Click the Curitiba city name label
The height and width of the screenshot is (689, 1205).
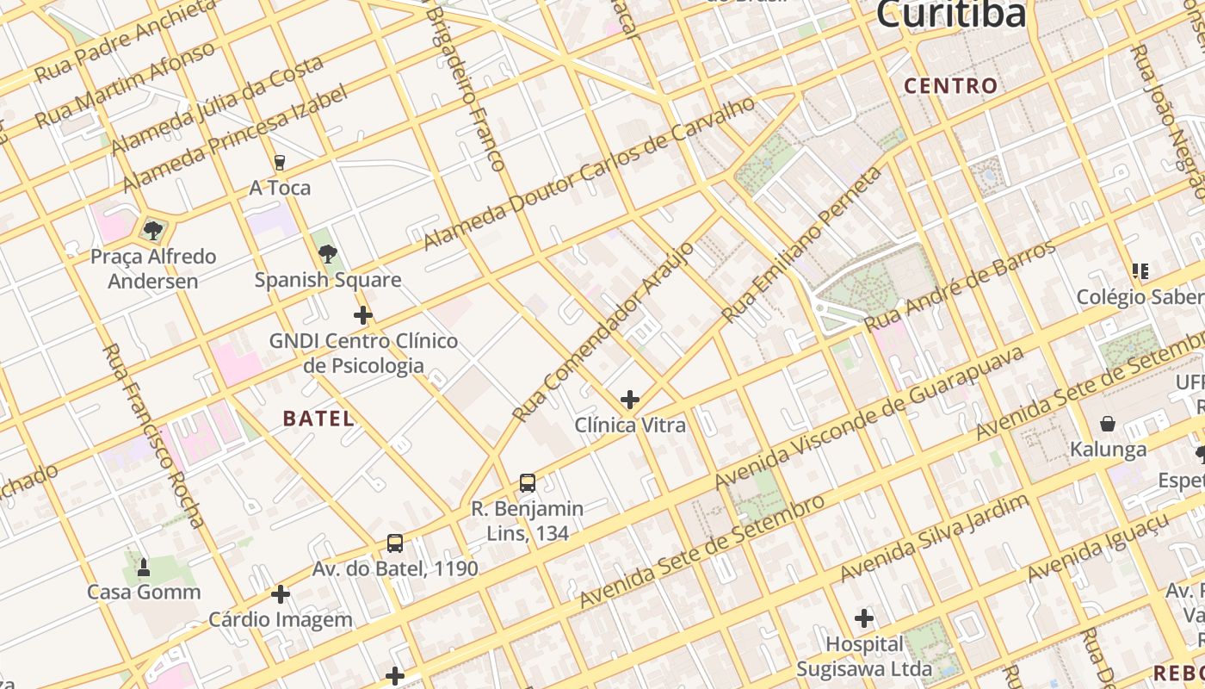point(951,14)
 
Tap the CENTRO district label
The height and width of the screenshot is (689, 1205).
point(951,86)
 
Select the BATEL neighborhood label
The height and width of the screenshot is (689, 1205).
point(318,419)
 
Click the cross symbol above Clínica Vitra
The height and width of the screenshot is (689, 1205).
point(630,400)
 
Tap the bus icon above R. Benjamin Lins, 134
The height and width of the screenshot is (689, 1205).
point(528,483)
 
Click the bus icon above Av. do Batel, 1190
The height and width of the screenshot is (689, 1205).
point(395,543)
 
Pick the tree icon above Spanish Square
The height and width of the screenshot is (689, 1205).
point(327,253)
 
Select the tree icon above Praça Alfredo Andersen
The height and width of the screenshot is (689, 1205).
point(153,230)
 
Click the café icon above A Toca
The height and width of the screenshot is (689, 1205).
point(279,162)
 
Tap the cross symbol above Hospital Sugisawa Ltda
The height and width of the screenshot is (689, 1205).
point(864,618)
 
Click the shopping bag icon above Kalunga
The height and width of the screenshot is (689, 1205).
point(1108,424)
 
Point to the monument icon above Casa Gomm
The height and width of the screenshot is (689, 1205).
point(144,567)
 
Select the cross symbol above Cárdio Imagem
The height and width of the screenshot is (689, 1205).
point(281,594)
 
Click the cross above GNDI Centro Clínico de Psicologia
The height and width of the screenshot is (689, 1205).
point(363,315)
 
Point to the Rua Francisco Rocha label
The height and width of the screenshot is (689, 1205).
point(153,435)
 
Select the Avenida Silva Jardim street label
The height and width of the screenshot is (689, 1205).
point(934,537)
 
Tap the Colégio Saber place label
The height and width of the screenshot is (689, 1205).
point(1140,297)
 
